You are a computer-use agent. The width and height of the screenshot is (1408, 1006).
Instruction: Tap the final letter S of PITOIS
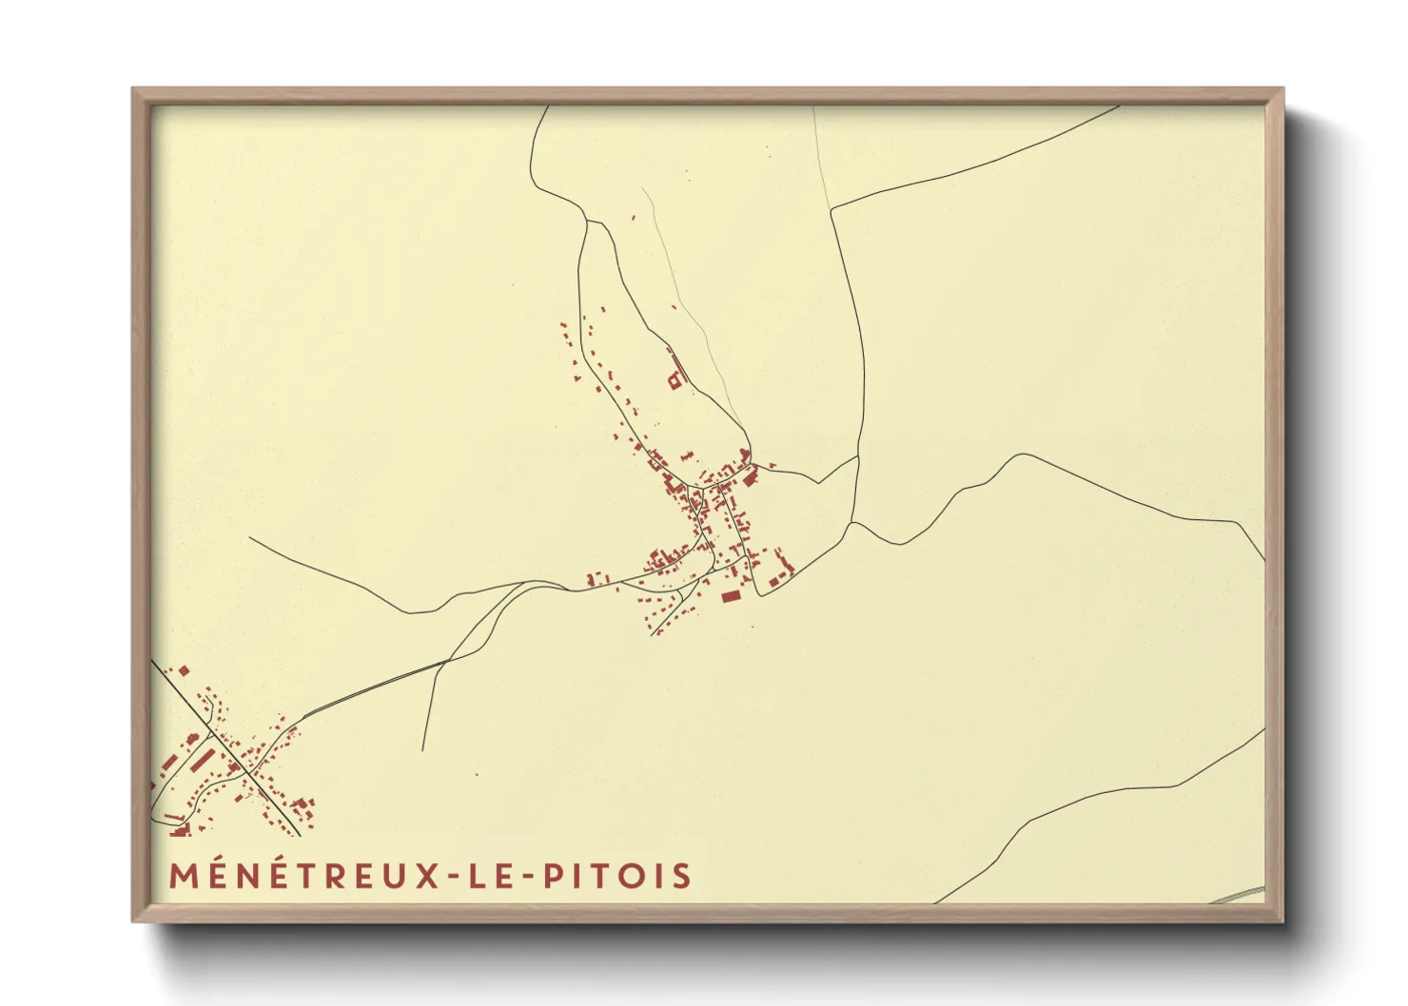[681, 876]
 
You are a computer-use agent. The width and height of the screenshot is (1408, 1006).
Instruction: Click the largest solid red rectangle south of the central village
[731, 596]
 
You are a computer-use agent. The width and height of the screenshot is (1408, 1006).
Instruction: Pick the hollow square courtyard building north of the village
[675, 380]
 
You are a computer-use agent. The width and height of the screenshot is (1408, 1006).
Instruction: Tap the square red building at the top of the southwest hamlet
[184, 671]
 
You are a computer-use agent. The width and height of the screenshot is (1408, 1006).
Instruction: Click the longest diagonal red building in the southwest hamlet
[204, 759]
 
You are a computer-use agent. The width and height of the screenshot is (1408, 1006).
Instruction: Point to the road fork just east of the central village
[852, 522]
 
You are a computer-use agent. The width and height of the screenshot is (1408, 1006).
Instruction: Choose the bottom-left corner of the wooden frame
[133, 920]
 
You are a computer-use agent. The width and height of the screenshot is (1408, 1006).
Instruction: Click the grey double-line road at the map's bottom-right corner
[1242, 893]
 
